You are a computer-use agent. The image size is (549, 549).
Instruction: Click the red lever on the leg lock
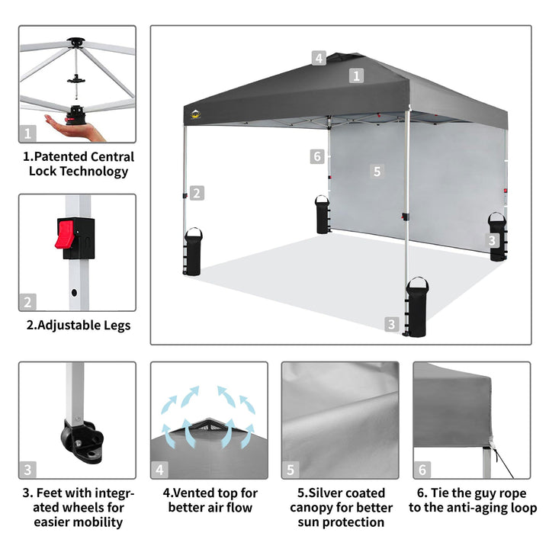click(64, 234)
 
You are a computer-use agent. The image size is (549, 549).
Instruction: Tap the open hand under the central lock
click(74, 128)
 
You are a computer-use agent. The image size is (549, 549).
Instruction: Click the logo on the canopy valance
click(196, 114)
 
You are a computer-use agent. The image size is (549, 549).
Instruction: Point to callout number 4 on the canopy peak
click(319, 58)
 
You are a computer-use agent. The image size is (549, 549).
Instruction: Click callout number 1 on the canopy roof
click(356, 75)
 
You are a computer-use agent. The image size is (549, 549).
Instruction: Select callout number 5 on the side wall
click(377, 172)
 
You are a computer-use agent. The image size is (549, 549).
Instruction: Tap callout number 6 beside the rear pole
click(317, 156)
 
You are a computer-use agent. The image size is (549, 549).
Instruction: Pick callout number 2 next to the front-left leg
click(197, 193)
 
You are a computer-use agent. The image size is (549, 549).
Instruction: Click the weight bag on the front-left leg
click(193, 252)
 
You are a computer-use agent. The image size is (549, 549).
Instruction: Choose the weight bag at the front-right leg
click(417, 307)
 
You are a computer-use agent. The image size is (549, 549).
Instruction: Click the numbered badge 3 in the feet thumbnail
click(27, 470)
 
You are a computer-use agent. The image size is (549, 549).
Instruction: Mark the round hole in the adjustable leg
click(74, 292)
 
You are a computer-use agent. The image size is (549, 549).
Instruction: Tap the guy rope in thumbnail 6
click(503, 463)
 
